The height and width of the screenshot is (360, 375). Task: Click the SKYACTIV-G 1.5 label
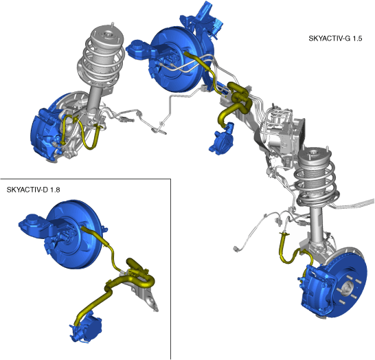click(x=335, y=38)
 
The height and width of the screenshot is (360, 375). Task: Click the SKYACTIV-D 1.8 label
click(x=33, y=190)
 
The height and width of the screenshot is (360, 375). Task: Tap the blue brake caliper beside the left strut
click(x=45, y=134)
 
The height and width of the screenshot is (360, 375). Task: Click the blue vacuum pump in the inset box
click(x=87, y=326)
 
